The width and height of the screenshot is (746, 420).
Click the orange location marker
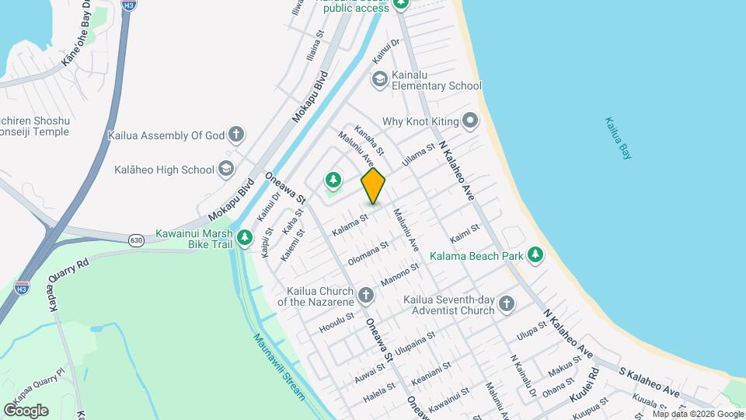373,187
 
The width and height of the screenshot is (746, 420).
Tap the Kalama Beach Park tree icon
535,254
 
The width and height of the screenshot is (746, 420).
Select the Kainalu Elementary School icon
379,79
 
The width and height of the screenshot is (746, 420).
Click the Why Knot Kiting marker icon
470,121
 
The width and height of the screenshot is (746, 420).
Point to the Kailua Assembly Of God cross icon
236,135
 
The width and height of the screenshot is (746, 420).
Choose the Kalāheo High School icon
225,169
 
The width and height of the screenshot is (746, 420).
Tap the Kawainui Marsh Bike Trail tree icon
246,236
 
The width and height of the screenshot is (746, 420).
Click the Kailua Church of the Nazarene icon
365,296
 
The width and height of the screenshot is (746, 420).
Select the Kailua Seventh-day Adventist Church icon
506,303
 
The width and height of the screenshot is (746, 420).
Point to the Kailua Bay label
618,138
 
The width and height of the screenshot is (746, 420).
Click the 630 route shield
136,239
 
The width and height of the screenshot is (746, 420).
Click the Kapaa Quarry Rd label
56,292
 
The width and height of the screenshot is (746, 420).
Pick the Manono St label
399,274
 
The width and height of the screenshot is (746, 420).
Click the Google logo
26,410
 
